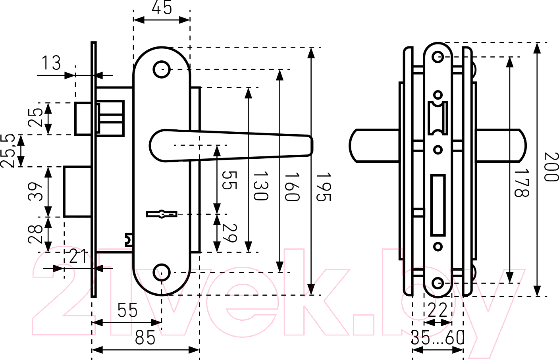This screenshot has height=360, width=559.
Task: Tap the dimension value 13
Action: (x=51, y=63)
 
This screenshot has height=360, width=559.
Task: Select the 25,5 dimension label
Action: (x=8, y=151)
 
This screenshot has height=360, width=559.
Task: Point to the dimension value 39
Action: (x=35, y=192)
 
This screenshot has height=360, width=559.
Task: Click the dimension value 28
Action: (x=35, y=234)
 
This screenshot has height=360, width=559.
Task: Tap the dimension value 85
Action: (x=145, y=338)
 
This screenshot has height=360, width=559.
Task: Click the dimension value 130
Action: (x=261, y=186)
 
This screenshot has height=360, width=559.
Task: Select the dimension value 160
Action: (x=292, y=187)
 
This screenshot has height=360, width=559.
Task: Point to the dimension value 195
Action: (x=324, y=187)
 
